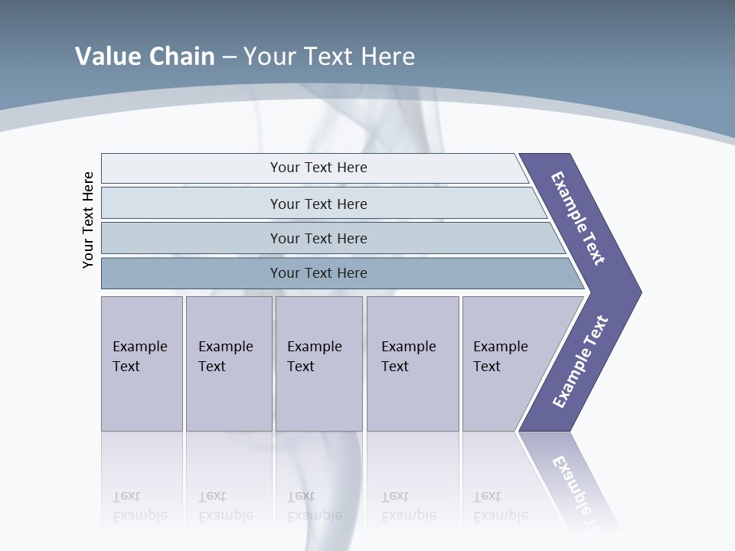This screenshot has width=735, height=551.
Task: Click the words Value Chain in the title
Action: pyautogui.click(x=145, y=56)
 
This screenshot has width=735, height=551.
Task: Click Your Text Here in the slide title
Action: pyautogui.click(x=329, y=56)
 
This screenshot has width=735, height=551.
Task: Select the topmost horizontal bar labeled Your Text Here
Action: pyautogui.click(x=318, y=168)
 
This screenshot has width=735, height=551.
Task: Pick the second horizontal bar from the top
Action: pyautogui.click(x=318, y=204)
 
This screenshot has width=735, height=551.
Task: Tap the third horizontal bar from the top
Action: pyautogui.click(x=318, y=238)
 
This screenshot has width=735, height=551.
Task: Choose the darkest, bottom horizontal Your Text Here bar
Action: pyautogui.click(x=318, y=272)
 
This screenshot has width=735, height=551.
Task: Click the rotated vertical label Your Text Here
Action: pyautogui.click(x=88, y=220)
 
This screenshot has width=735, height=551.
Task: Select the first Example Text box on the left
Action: pyautogui.click(x=142, y=363)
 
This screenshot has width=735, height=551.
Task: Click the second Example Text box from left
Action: pyautogui.click(x=228, y=363)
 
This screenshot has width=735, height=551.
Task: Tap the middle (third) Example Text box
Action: pyautogui.click(x=318, y=363)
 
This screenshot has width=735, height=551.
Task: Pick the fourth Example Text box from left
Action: pyautogui.click(x=412, y=363)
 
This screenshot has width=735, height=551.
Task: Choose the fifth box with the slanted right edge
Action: pyautogui.click(x=505, y=363)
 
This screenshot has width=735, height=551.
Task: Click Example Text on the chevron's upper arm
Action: pyautogui.click(x=579, y=218)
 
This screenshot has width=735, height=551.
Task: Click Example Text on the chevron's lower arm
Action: pyautogui.click(x=580, y=361)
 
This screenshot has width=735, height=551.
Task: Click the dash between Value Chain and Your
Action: pyautogui.click(x=229, y=57)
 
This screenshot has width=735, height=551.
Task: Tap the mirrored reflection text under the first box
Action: pyautogui.click(x=140, y=506)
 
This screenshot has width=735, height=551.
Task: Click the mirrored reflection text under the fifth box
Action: pyautogui.click(x=501, y=506)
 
